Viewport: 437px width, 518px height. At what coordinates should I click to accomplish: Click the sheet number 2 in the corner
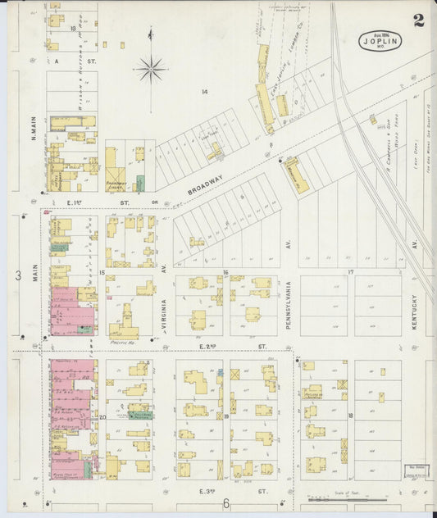point(418,20)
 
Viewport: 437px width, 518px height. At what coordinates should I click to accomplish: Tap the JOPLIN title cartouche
point(380,41)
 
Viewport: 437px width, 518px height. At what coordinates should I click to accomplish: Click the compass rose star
point(151,69)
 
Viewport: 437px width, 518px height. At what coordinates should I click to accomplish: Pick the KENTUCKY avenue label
point(416,311)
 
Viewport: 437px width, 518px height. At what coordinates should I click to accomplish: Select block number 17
point(349,271)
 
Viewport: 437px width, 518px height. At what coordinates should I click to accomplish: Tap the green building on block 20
point(137,416)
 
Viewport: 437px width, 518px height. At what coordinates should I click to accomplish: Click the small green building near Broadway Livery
point(140,184)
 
